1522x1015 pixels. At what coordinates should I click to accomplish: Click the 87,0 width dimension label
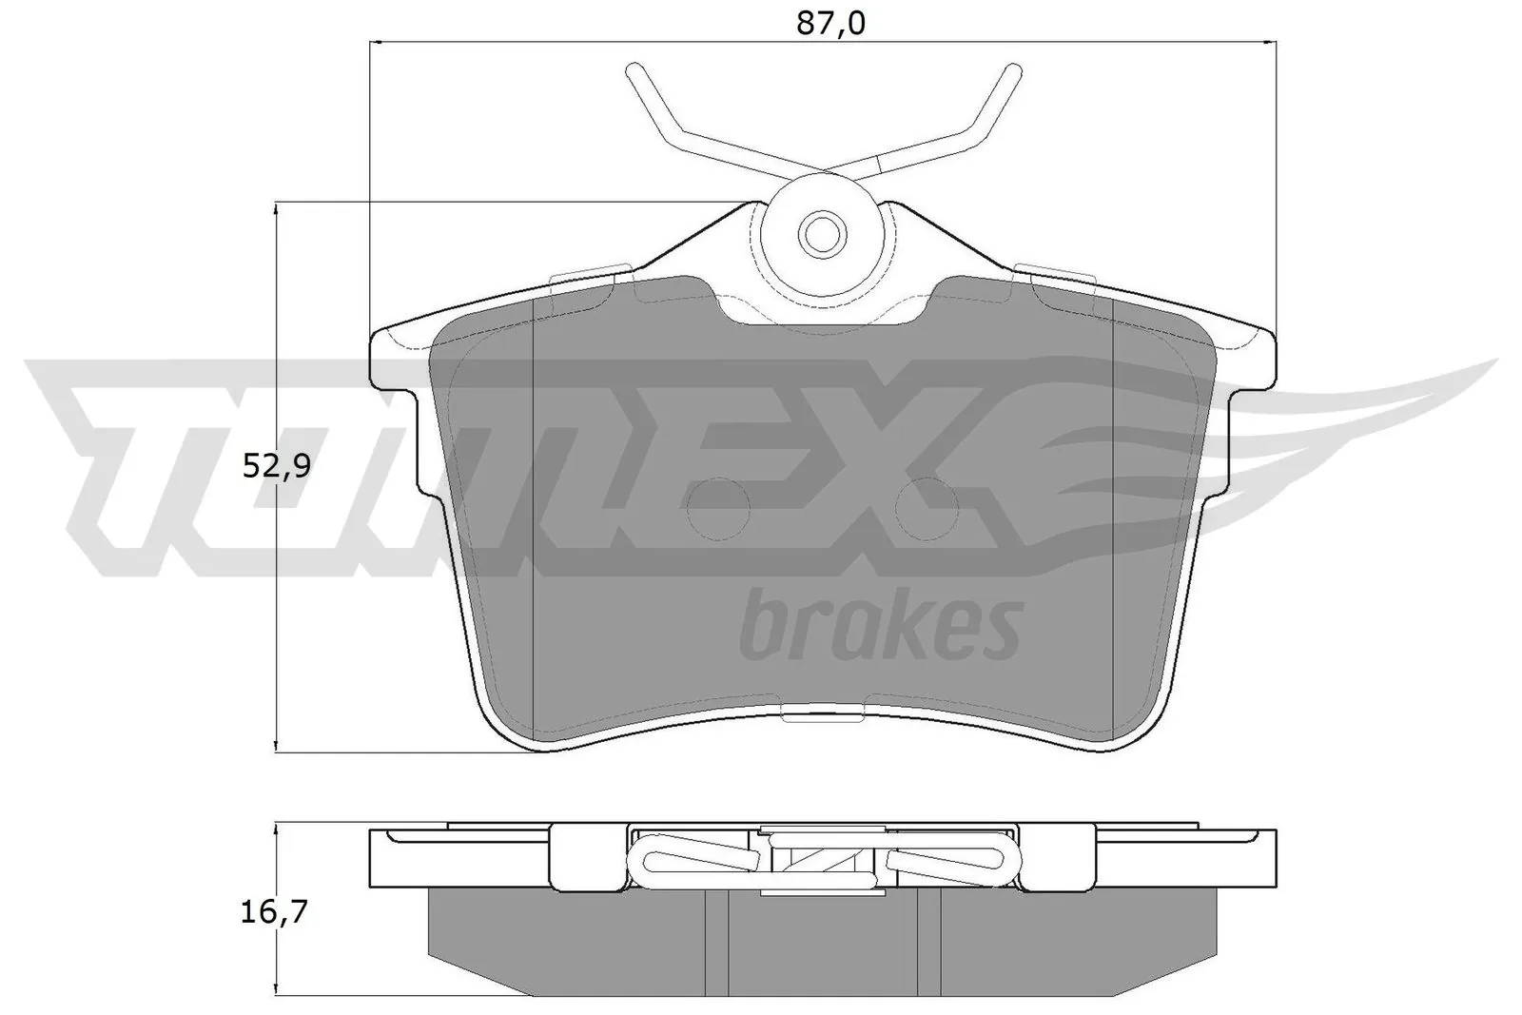click(830, 24)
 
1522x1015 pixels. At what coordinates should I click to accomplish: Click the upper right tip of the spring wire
click(1015, 69)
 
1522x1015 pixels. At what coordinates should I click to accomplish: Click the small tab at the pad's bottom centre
click(822, 712)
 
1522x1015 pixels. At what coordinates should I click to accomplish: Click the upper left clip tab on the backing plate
click(592, 273)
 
